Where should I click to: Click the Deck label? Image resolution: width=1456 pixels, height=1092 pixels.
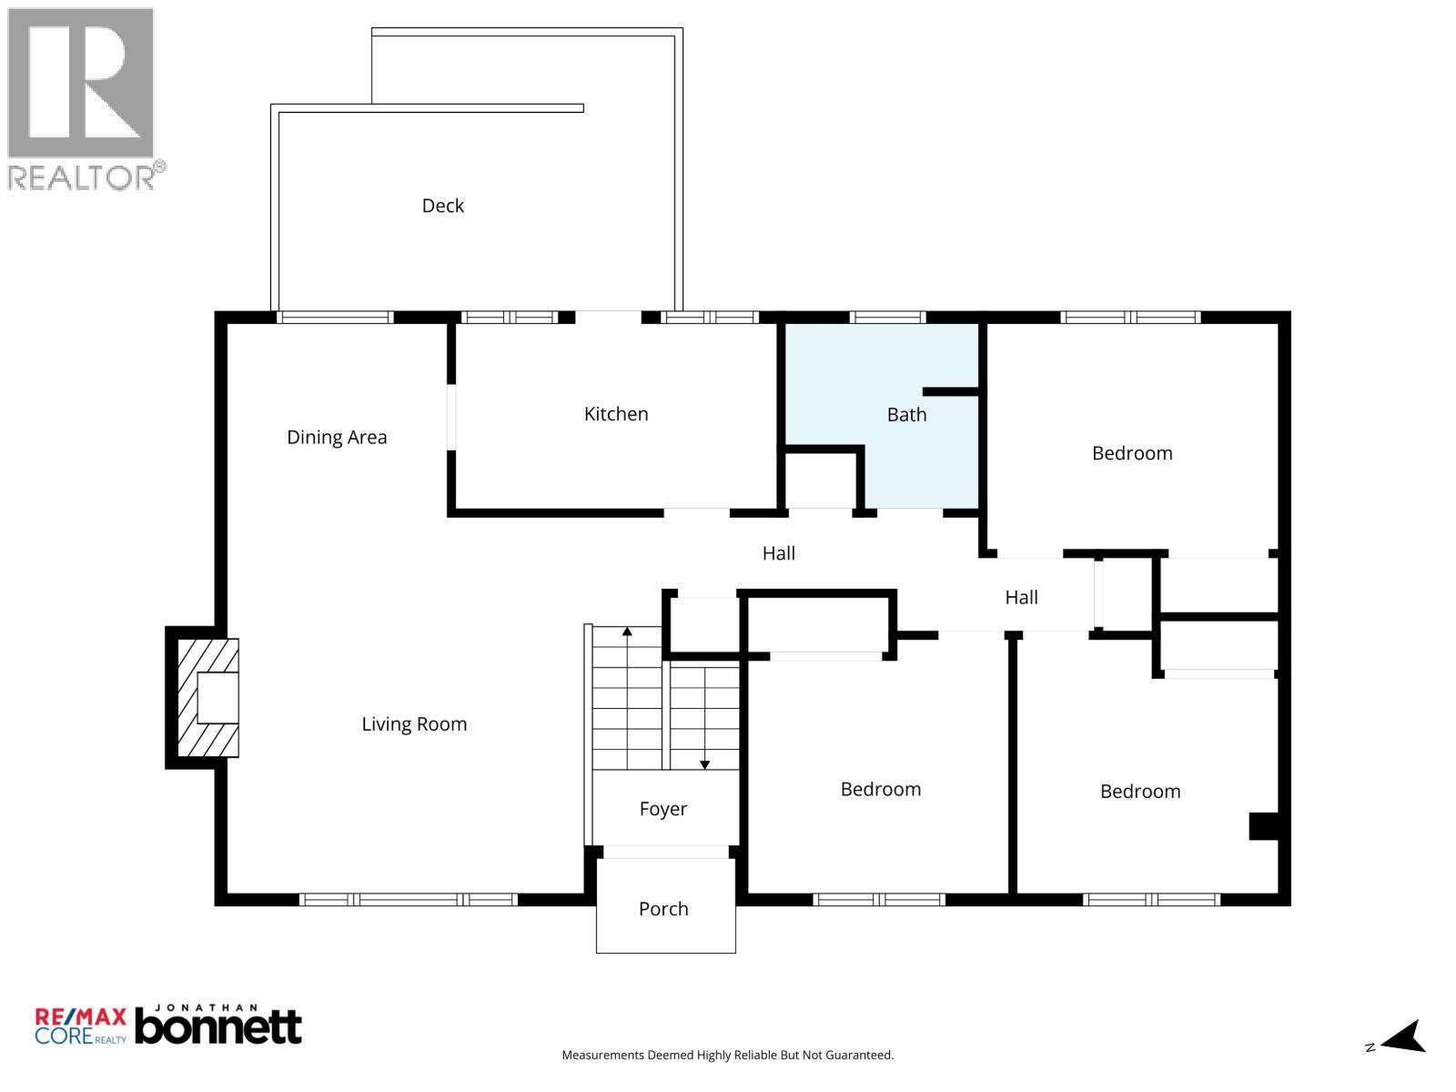pyautogui.click(x=442, y=206)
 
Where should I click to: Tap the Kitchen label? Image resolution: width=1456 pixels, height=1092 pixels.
pyautogui.click(x=616, y=414)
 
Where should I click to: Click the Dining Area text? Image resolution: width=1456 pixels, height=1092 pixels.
pyautogui.click(x=337, y=437)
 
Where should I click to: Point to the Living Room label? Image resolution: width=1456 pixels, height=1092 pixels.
pyautogui.click(x=414, y=724)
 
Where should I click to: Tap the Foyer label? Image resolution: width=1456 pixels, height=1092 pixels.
pyautogui.click(x=663, y=809)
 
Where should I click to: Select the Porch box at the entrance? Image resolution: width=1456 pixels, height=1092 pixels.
pyautogui.click(x=664, y=908)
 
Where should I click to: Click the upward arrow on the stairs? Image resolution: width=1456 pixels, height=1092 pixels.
pyautogui.click(x=627, y=631)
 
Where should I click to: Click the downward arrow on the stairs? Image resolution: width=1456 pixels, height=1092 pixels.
pyautogui.click(x=704, y=764)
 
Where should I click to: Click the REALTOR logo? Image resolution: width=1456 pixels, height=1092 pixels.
pyautogui.click(x=82, y=98)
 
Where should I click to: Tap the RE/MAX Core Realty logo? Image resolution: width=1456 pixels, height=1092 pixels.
pyautogui.click(x=80, y=1026)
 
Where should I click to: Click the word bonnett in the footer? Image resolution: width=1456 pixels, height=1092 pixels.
pyautogui.click(x=218, y=1028)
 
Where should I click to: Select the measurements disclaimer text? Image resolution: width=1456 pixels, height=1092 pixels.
pyautogui.click(x=727, y=1056)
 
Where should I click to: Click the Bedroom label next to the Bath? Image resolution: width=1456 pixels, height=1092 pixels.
pyautogui.click(x=1132, y=453)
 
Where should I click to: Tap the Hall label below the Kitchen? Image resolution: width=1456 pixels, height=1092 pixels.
pyautogui.click(x=779, y=553)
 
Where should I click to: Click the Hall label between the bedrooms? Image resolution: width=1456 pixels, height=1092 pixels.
pyautogui.click(x=1021, y=598)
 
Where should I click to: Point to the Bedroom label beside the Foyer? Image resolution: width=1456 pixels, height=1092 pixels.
pyautogui.click(x=880, y=789)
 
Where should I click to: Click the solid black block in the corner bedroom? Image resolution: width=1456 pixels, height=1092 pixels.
pyautogui.click(x=1264, y=826)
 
